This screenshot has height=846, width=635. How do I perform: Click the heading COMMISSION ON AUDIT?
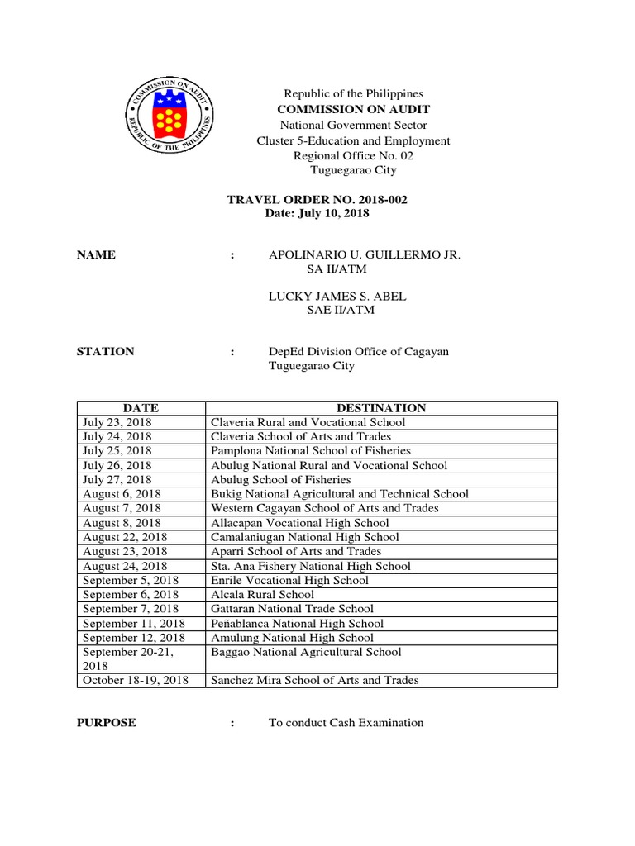point(353,110)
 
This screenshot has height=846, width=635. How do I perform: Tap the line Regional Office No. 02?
point(353,155)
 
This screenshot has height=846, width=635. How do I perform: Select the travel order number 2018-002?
point(317,199)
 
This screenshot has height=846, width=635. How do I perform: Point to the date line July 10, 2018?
point(317,214)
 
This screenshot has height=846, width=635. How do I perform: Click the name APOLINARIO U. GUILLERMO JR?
point(365,255)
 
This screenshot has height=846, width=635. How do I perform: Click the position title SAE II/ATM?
point(341,311)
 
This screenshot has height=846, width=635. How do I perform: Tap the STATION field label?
point(105,351)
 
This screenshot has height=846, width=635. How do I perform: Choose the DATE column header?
point(141,408)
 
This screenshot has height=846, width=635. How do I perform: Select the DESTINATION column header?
point(381,408)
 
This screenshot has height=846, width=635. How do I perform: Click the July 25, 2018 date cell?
point(117,451)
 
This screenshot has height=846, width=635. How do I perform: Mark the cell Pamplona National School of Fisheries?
point(311,451)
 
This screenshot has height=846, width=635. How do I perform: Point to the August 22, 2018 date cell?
point(124,537)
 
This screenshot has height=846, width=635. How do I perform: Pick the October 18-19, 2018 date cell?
point(136,680)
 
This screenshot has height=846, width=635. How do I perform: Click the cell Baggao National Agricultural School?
point(306,652)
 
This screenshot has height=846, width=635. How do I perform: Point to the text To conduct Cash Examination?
point(346,723)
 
